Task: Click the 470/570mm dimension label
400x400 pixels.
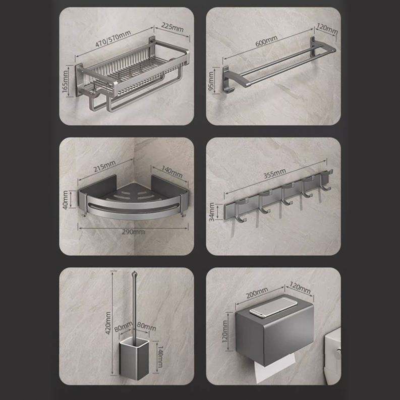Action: click(113, 38)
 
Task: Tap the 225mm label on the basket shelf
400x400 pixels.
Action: click(173, 27)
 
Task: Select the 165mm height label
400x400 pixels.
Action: click(65, 81)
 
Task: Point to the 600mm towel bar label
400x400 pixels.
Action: click(266, 41)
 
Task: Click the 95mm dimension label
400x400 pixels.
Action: click(211, 81)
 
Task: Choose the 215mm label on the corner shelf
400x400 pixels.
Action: click(104, 166)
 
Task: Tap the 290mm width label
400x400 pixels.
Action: click(133, 232)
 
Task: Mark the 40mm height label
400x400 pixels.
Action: click(66, 200)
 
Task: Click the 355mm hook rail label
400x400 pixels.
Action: click(274, 174)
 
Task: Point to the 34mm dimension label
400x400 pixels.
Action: click(212, 212)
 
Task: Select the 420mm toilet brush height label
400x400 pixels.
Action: click(108, 323)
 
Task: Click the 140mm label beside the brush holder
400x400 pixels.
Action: click(160, 357)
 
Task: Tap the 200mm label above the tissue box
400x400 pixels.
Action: click(257, 293)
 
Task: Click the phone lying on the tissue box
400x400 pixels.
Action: click(273, 308)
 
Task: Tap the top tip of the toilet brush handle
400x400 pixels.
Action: click(134, 272)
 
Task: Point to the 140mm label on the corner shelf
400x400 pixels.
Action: click(172, 172)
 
